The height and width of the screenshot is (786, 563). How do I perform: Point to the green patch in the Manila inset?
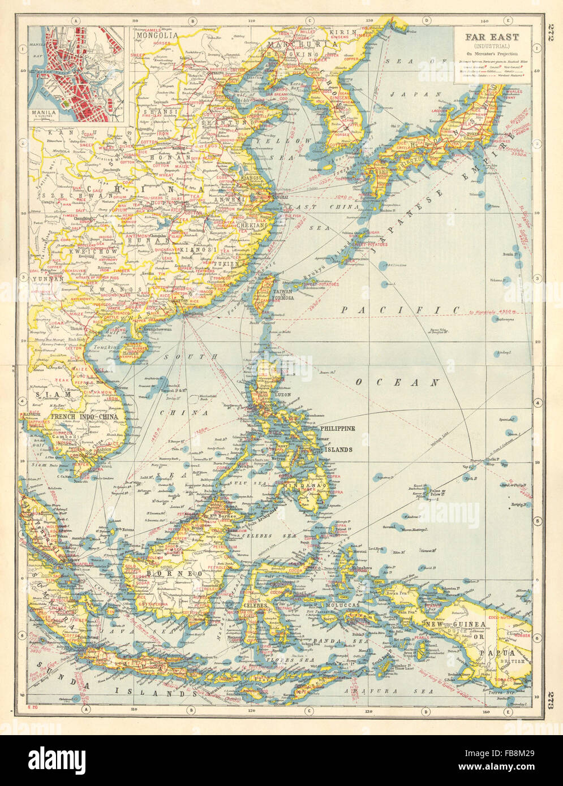point(68,105)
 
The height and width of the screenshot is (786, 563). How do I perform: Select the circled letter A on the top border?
point(75,21)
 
